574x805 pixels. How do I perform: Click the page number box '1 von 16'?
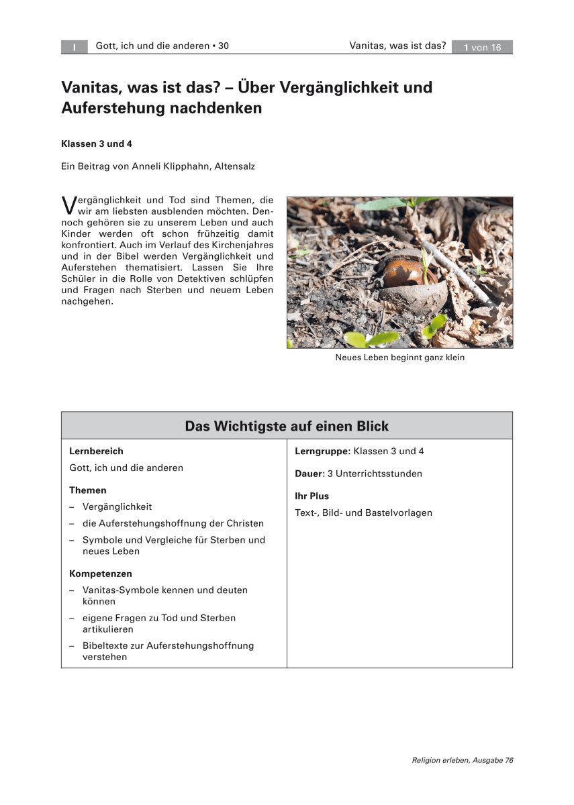[x=482, y=47]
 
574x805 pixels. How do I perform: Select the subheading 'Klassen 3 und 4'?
[x=96, y=144]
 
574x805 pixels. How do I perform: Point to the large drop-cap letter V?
[x=68, y=204]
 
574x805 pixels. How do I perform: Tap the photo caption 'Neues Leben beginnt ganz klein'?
[x=399, y=358]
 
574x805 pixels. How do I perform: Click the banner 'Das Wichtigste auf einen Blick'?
[x=287, y=426]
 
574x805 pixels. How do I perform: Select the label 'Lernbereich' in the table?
[x=96, y=451]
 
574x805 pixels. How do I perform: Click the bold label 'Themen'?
[x=88, y=490]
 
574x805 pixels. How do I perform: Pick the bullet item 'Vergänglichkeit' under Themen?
[x=117, y=506]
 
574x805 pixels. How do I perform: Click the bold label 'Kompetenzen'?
[x=101, y=574]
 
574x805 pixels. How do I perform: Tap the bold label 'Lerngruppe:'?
[x=322, y=451]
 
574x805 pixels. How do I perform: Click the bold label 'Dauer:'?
[x=309, y=474]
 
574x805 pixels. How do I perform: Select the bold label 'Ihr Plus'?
[x=312, y=496]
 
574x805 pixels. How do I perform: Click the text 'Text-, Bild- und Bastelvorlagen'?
[x=363, y=513]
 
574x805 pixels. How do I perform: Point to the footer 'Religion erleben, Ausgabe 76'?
[x=463, y=760]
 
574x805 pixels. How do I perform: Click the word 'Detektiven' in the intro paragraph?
[x=185, y=278]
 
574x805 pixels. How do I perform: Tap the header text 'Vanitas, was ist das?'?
[x=397, y=46]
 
